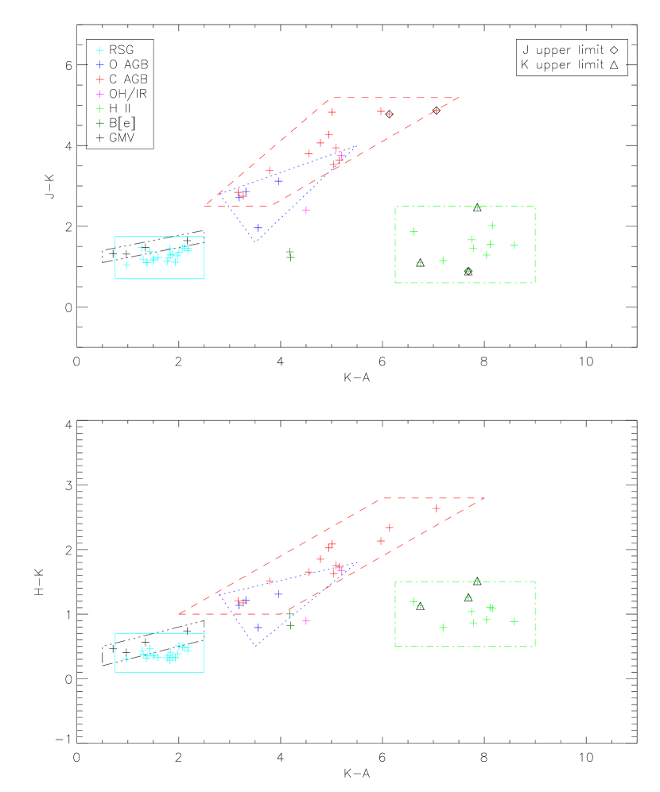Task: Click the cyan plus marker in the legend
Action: point(99,50)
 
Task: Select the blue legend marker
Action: point(99,65)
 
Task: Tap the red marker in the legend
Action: point(99,79)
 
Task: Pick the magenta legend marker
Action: point(99,95)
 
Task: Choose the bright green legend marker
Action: point(99,109)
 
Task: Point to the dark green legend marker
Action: point(99,123)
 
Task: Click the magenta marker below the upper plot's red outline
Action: point(306,211)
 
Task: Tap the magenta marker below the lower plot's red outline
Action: point(306,620)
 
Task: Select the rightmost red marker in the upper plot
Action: point(436,110)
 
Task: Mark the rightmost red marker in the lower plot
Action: point(436,508)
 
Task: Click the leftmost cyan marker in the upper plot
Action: point(126,265)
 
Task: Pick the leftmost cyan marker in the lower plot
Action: point(126,659)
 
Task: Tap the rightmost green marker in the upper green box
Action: point(514,245)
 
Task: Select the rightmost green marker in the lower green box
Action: point(514,621)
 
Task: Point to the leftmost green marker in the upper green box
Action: point(413,232)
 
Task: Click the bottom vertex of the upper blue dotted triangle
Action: point(256,241)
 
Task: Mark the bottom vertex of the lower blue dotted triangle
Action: point(256,645)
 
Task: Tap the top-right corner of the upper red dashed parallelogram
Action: point(460,98)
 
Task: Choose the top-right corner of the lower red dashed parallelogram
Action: point(485,498)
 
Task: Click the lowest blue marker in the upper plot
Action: point(258,228)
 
